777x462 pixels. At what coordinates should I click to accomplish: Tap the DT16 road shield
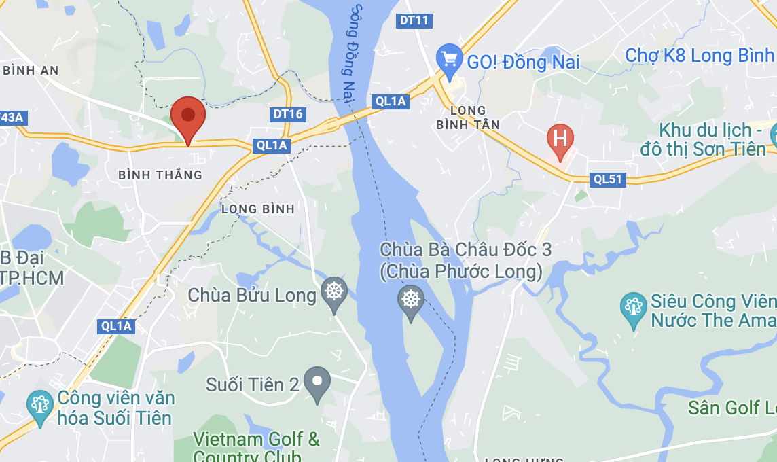287,114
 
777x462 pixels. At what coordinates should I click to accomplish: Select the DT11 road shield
414,20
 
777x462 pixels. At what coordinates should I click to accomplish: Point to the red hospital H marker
560,139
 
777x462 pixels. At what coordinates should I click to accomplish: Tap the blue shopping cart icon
449,58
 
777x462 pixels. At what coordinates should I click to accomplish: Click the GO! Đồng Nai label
523,63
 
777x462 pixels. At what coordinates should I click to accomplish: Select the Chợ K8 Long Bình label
700,55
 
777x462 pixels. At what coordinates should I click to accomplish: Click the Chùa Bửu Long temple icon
333,293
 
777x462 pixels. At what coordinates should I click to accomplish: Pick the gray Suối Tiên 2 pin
317,382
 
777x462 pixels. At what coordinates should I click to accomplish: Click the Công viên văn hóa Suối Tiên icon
40,406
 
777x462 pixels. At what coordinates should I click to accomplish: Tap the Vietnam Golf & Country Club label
256,447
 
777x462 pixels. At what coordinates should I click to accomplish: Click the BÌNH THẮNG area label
160,175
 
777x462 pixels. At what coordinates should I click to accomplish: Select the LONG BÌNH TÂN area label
468,117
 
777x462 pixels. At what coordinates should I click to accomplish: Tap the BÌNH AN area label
31,70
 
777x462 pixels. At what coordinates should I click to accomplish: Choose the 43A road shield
12,118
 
